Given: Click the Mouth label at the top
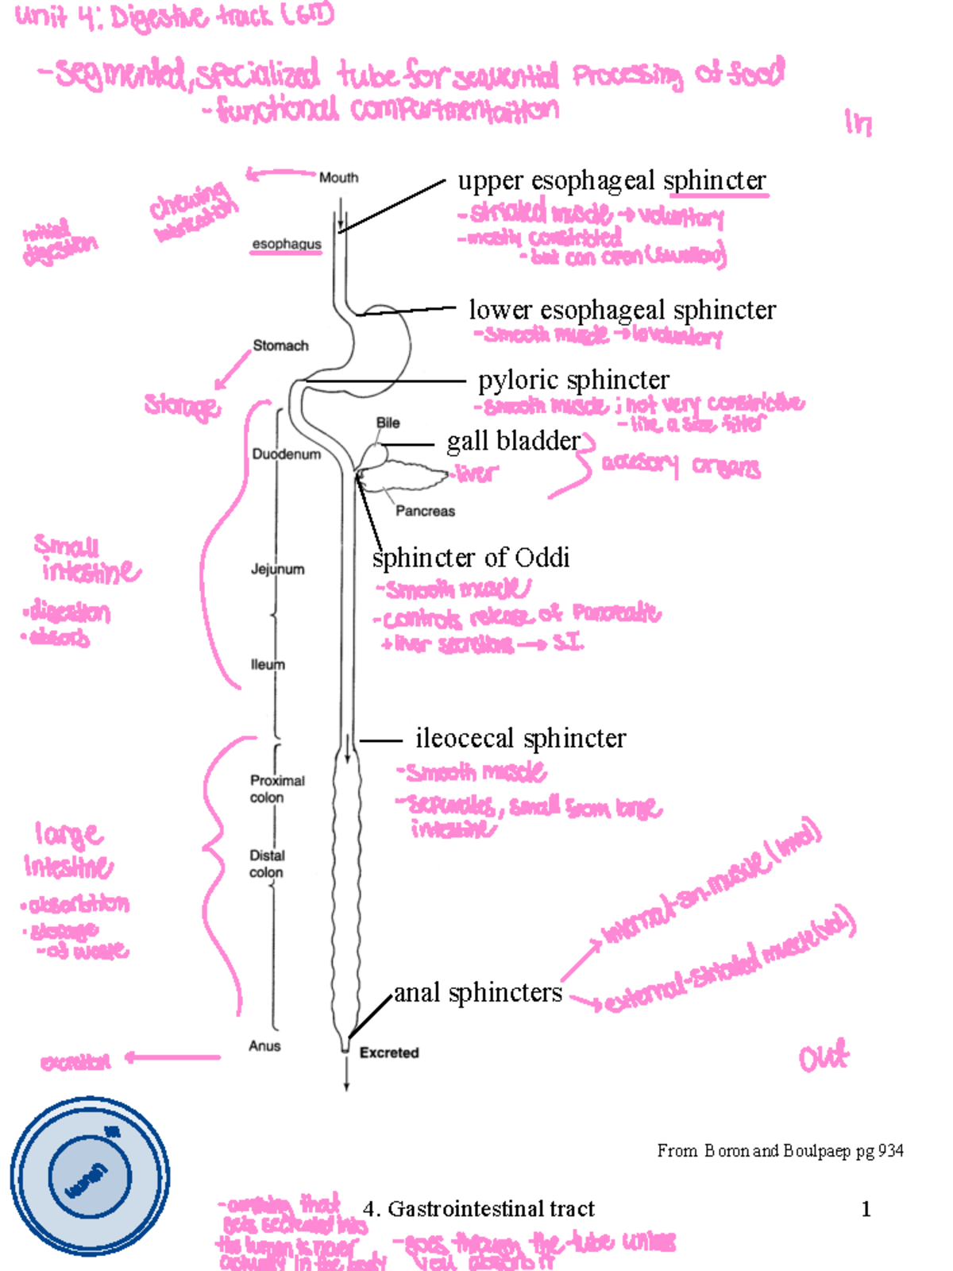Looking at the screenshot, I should (x=338, y=178).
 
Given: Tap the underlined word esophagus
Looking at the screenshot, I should (x=287, y=244).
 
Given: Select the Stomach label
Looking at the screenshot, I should (x=280, y=346).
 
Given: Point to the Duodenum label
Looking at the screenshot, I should (x=286, y=454).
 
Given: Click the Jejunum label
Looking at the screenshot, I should (x=277, y=570).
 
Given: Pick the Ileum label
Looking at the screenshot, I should (x=268, y=665).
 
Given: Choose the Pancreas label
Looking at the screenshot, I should (x=425, y=512).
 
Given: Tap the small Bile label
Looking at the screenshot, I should (x=388, y=423).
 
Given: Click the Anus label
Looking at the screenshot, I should (x=264, y=1046).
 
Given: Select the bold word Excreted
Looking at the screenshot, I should (x=389, y=1053).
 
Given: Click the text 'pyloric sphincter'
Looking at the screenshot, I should (x=573, y=381).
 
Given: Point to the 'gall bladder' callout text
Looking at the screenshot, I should (x=513, y=441).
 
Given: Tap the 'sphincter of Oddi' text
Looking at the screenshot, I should (x=471, y=558).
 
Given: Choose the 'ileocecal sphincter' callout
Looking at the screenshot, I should (x=520, y=739).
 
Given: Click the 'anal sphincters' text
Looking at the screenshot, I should (x=478, y=993).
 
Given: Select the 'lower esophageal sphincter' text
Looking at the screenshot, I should (x=622, y=310).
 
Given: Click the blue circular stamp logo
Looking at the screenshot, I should (x=90, y=1176).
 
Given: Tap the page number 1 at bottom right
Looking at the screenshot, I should (x=866, y=1209).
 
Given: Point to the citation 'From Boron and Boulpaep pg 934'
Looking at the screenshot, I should (x=780, y=1151).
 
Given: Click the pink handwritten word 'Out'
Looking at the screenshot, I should (x=824, y=1058).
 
